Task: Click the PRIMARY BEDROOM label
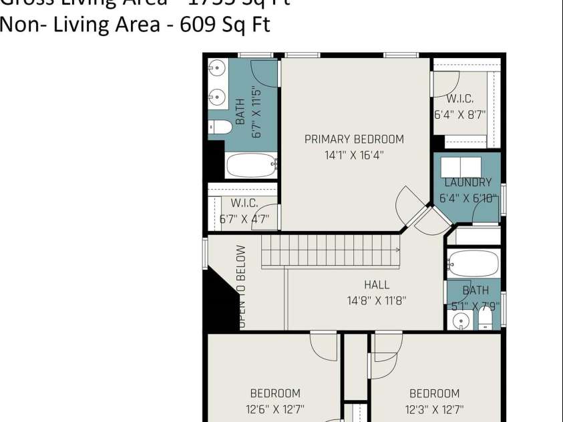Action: click(354, 140)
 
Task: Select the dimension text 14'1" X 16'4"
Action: click(354, 156)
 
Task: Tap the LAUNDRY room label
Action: click(467, 182)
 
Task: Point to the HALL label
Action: click(377, 285)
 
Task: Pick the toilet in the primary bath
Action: click(220, 127)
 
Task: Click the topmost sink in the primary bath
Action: click(217, 68)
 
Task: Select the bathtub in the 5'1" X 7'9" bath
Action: click(473, 264)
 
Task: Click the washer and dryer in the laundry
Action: click(461, 167)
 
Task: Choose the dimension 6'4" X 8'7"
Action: click(459, 114)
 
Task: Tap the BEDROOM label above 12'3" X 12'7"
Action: click(434, 394)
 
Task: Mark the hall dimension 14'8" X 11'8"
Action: click(377, 300)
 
